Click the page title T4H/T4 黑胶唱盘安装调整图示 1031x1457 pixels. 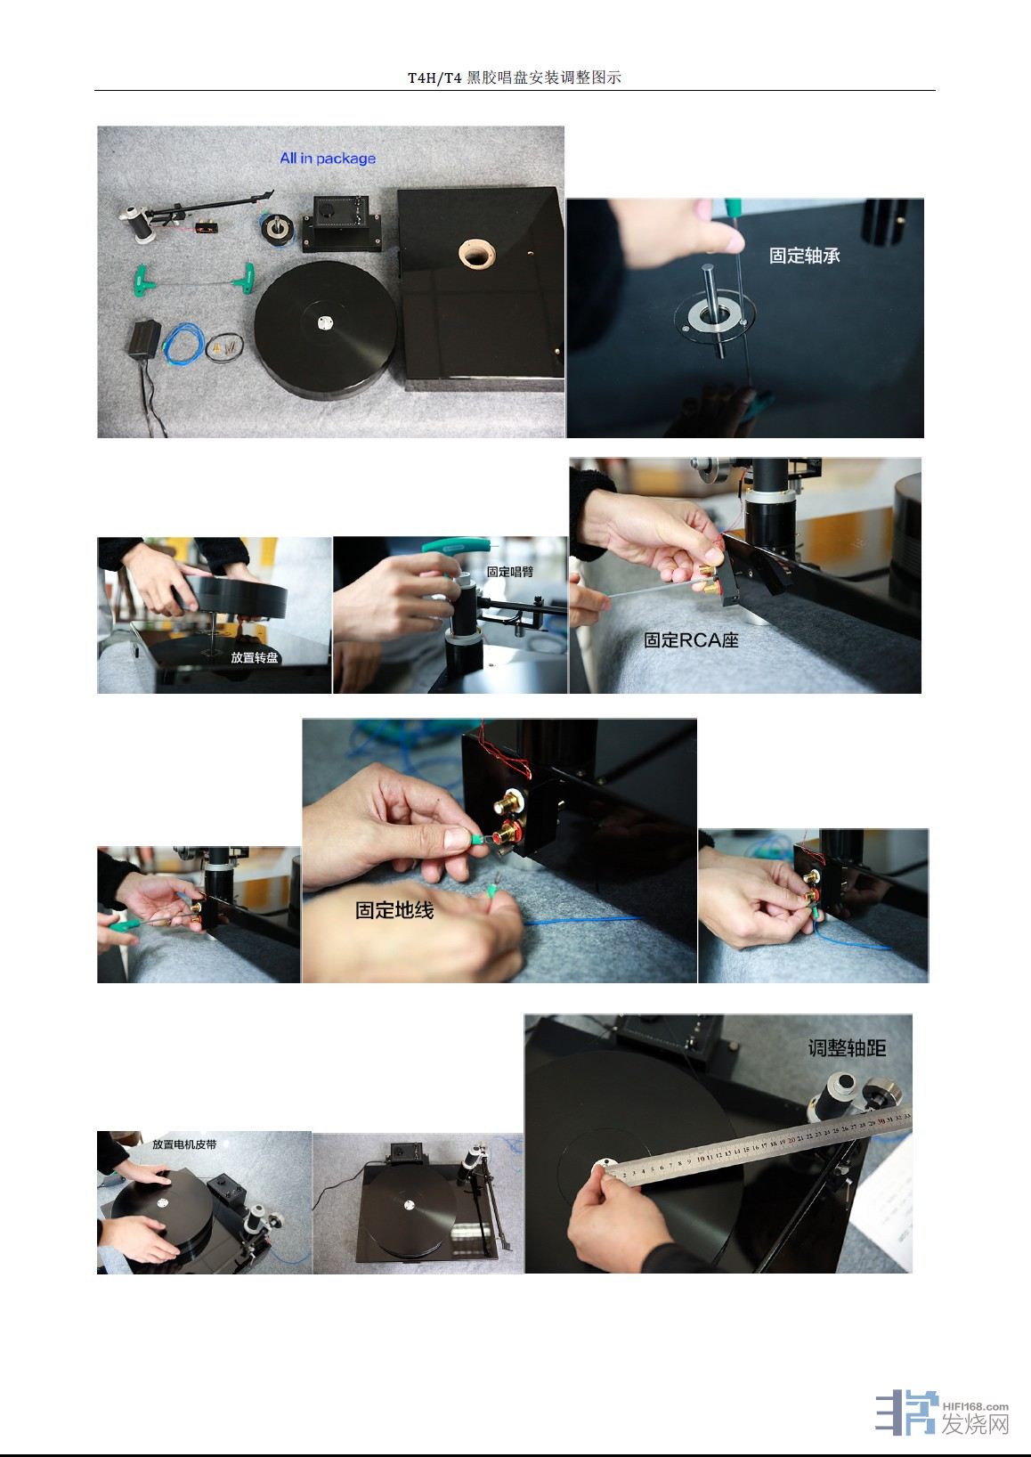click(515, 77)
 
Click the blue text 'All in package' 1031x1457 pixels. click(328, 158)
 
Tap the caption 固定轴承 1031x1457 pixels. click(804, 255)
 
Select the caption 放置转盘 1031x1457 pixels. click(254, 657)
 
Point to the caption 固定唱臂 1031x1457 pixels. click(510, 572)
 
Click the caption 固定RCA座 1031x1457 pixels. click(691, 640)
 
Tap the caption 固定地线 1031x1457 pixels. click(394, 910)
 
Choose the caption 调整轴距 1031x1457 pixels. click(847, 1047)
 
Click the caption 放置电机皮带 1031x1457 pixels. click(184, 1144)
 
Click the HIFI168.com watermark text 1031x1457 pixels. click(975, 1406)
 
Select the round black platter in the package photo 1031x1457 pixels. click(326, 330)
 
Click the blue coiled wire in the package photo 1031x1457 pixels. click(184, 343)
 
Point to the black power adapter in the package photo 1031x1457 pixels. click(144, 337)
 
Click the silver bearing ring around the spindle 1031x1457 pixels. click(714, 314)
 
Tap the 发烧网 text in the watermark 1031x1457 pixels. click(976, 1424)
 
